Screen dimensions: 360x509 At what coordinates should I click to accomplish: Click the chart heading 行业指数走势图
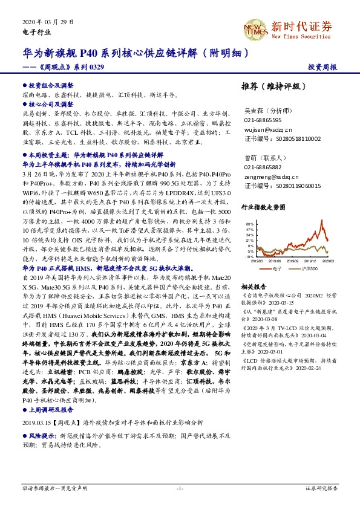pos(262,207)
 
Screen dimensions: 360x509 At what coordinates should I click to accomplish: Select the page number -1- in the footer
pos(180,487)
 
